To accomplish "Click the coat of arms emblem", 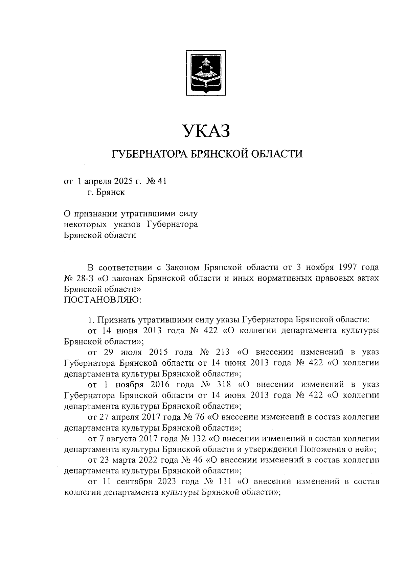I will pyautogui.click(x=206, y=72).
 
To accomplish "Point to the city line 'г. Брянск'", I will pyautogui.click(x=105, y=192).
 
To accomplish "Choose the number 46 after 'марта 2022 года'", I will pyautogui.click(x=197, y=460).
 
